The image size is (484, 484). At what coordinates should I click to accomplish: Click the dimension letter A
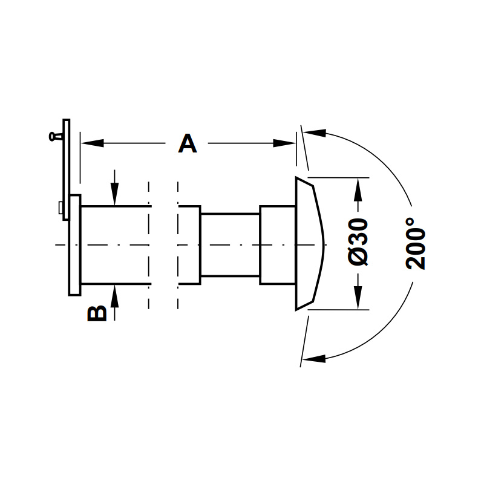point(188,143)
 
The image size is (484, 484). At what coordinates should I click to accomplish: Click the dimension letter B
point(97,314)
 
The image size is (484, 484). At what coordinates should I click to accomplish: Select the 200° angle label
point(416,244)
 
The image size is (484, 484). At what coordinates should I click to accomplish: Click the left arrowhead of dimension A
point(92,143)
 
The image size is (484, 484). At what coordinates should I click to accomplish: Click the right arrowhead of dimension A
point(284,143)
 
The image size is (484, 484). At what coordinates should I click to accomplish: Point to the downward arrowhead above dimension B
point(114,194)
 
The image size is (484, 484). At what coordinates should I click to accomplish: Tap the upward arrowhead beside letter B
point(114,296)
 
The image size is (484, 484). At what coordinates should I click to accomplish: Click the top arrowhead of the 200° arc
point(315,133)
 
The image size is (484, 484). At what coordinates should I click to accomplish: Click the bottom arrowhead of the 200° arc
point(314,358)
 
